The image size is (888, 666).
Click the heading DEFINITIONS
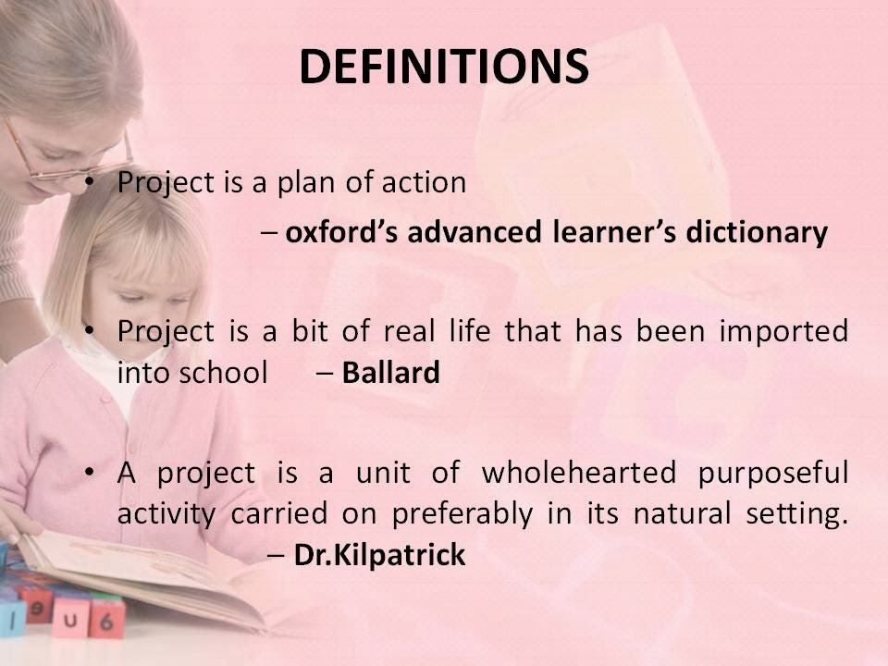tap(444, 67)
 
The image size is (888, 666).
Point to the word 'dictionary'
tap(757, 233)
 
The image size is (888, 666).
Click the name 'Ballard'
tap(390, 373)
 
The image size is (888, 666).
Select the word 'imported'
tap(783, 332)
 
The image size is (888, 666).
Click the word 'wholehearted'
tap(579, 473)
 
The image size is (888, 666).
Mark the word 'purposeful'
tap(773, 474)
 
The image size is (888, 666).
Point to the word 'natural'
tap(682, 514)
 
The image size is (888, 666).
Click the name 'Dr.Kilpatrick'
tap(379, 555)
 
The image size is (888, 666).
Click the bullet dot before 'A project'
tap(89, 472)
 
